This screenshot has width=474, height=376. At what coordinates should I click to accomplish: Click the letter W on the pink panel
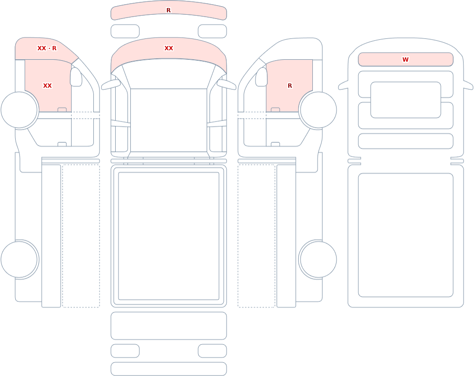click(405, 60)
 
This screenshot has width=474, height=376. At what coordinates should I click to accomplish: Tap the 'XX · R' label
click(47, 48)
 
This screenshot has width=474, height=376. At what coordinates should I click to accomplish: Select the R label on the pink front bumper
click(169, 10)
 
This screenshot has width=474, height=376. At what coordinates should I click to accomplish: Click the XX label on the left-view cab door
click(47, 86)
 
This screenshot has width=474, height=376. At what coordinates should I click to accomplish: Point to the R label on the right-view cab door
click(290, 86)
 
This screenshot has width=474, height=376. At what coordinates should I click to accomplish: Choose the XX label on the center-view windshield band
click(169, 48)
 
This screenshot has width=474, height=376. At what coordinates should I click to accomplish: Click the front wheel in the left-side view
click(19, 110)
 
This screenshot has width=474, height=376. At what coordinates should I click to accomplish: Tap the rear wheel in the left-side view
click(19, 259)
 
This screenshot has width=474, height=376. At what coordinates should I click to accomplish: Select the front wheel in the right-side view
click(318, 110)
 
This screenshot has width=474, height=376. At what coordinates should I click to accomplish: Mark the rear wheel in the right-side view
click(318, 259)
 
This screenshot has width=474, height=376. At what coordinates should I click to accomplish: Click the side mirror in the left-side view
click(76, 77)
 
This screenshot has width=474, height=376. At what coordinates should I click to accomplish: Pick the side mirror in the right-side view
click(262, 77)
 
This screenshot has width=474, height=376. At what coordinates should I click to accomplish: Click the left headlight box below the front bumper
click(125, 31)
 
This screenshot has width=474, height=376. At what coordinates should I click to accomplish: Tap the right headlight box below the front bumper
click(212, 31)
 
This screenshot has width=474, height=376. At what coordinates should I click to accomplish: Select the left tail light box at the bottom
click(125, 351)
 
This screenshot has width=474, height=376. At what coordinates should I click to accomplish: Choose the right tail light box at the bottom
click(212, 351)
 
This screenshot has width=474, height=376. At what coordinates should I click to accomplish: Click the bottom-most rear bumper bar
click(169, 369)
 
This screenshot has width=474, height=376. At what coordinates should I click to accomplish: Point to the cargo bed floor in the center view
click(169, 236)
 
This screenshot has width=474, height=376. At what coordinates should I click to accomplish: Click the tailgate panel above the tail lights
click(169, 326)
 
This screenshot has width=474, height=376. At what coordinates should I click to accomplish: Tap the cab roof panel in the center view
click(169, 120)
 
